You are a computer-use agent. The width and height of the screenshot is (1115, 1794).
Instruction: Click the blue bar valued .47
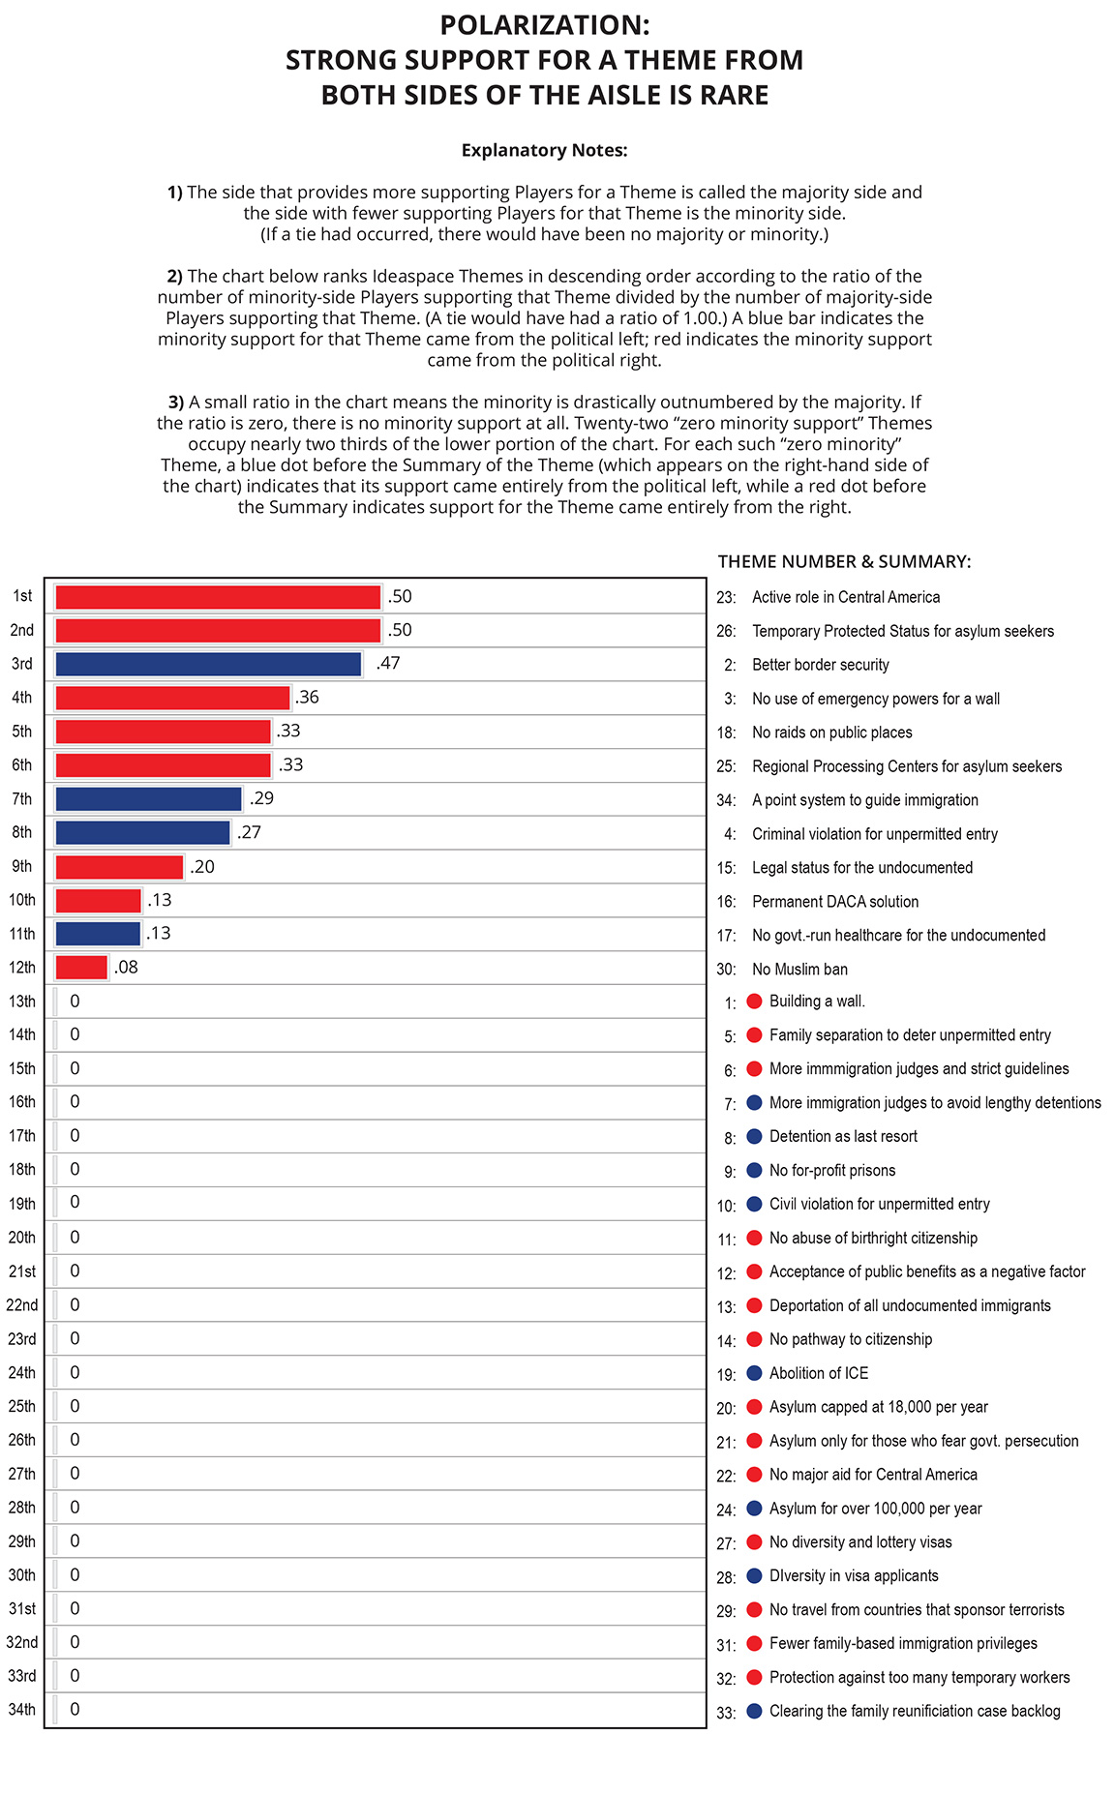coord(208,664)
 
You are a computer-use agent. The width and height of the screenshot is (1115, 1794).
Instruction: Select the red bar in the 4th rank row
coord(172,698)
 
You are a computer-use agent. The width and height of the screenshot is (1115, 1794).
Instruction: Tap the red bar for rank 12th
coord(81,968)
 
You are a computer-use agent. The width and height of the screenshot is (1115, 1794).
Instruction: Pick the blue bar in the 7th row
coord(148,799)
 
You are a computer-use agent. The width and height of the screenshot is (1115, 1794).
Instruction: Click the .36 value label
coord(307,698)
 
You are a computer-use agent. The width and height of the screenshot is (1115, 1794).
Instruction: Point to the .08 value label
coord(126,968)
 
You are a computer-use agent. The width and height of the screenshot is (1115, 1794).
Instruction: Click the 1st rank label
coord(22,596)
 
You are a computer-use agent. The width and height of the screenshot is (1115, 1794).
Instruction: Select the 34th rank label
coord(21,1710)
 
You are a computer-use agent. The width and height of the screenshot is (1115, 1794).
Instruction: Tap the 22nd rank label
coord(22,1305)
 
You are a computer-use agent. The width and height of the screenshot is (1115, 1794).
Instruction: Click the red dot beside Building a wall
coord(755,1002)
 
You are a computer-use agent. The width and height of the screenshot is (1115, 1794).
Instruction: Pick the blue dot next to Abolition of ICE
coord(755,1373)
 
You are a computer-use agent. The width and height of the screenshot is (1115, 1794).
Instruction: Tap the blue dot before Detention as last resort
coord(755,1136)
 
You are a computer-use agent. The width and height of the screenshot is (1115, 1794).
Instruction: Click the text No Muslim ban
coord(799,969)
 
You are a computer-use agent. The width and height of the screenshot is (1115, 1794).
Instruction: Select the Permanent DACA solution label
coord(835,902)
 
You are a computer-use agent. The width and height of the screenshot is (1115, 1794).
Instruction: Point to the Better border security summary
coord(821,665)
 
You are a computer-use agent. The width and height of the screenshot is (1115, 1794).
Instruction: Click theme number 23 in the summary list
coord(726,598)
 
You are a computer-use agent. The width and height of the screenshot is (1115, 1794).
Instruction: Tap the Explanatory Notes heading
coord(545,150)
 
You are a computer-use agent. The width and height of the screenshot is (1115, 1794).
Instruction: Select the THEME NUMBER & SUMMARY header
coord(844,562)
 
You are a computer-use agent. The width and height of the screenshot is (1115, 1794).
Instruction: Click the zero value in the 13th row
coord(75,1002)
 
